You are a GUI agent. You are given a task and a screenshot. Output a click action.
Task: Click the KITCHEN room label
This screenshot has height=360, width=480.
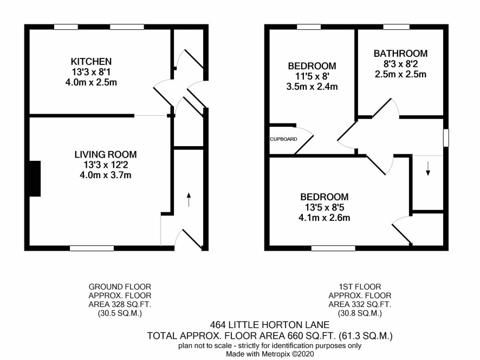click(91, 62)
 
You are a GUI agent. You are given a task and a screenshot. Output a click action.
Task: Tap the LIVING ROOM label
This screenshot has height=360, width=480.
click(106, 154)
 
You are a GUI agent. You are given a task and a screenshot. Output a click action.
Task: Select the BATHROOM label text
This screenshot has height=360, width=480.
click(400, 54)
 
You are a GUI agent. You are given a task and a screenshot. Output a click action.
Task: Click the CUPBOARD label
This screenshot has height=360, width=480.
click(283, 139)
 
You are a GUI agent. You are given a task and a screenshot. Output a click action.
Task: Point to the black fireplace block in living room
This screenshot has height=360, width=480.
click(35, 179)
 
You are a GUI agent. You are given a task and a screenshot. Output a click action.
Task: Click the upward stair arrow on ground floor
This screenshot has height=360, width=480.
click(189, 199)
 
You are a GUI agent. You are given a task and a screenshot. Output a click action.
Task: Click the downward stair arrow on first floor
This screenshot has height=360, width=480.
click(428, 168)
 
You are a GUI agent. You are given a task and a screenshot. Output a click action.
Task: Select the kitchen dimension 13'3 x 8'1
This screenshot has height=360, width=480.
click(91, 72)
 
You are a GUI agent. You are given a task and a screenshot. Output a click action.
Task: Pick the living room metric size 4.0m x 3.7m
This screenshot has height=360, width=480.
click(106, 175)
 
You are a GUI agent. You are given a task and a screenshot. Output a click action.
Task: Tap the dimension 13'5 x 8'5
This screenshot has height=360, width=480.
click(325, 208)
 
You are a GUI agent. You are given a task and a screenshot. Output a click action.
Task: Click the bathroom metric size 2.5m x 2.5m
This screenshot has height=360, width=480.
click(400, 74)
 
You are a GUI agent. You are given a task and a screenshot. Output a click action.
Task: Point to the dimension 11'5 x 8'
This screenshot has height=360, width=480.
click(312, 76)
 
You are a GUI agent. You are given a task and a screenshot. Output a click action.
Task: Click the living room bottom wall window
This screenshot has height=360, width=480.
click(92, 248)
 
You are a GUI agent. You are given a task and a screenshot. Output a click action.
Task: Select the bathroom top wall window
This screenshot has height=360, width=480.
click(396, 27)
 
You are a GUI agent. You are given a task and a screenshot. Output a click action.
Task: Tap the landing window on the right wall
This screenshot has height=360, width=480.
click(446, 138)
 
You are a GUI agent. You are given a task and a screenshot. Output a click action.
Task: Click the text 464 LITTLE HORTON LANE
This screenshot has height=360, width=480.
click(270, 324)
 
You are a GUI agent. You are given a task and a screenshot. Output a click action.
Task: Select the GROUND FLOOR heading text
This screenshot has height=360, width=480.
click(120, 287)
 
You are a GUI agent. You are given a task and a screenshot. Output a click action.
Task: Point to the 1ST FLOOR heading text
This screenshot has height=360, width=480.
click(360, 287)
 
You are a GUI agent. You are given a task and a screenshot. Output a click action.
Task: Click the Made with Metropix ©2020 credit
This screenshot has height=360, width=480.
click(270, 354)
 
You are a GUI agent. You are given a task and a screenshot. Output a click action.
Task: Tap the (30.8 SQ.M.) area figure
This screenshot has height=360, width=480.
click(360, 313)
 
